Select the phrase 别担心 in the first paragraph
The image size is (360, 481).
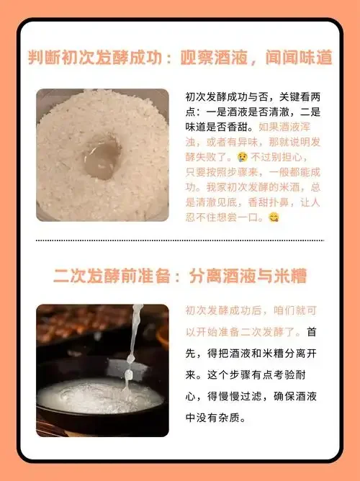pyautogui.click(x=293, y=156)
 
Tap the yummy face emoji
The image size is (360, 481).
pyautogui.click(x=274, y=217)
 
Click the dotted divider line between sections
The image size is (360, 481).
pyautogui.click(x=180, y=240)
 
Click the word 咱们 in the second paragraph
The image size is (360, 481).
pyautogui.click(x=294, y=310)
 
